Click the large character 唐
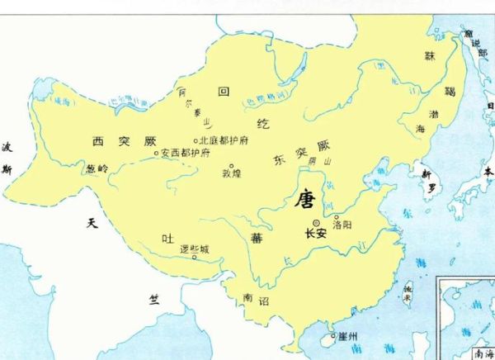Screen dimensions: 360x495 point(305,199)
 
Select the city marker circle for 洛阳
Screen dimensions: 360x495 point(336,218)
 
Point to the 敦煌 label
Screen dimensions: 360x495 point(231,174)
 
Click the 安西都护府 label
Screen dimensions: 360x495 point(186,153)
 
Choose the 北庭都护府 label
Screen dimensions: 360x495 point(228,140)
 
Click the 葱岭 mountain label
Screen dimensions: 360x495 point(97,168)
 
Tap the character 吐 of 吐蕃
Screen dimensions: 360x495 point(167,239)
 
